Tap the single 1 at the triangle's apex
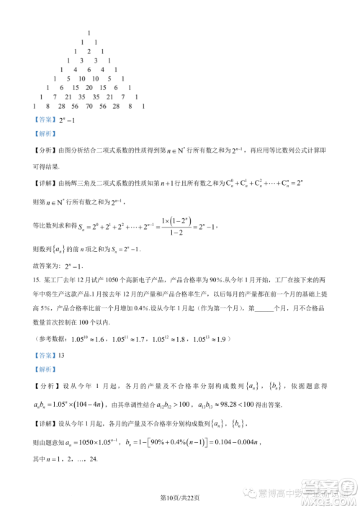pos(88,34)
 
